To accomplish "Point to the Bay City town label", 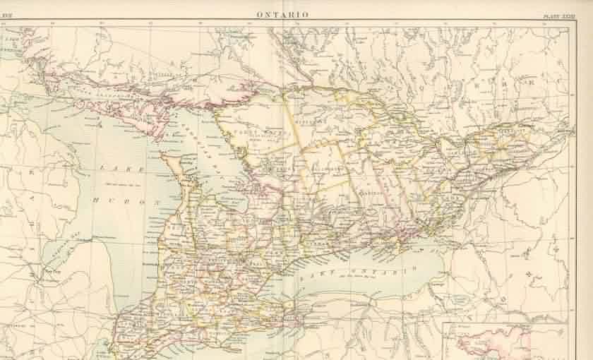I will [49, 269].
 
